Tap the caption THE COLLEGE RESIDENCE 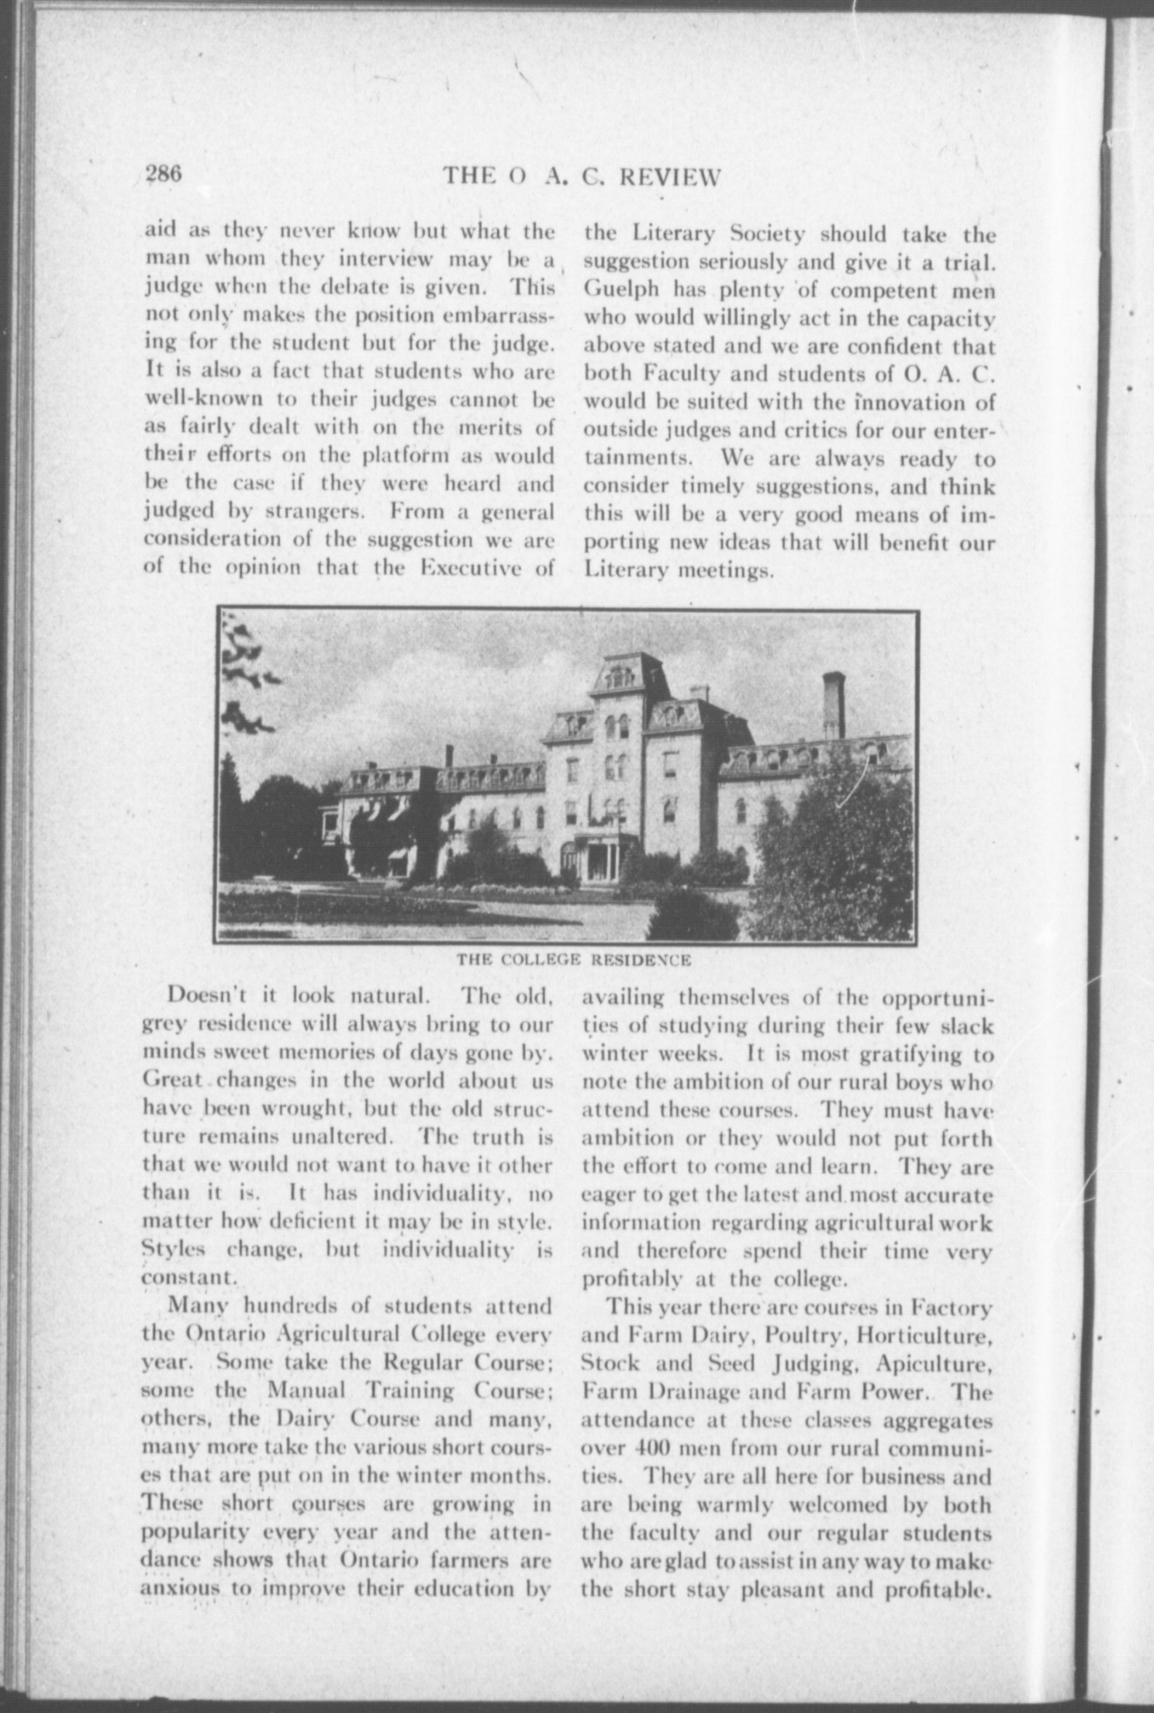[574, 960]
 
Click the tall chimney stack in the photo [833, 706]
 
